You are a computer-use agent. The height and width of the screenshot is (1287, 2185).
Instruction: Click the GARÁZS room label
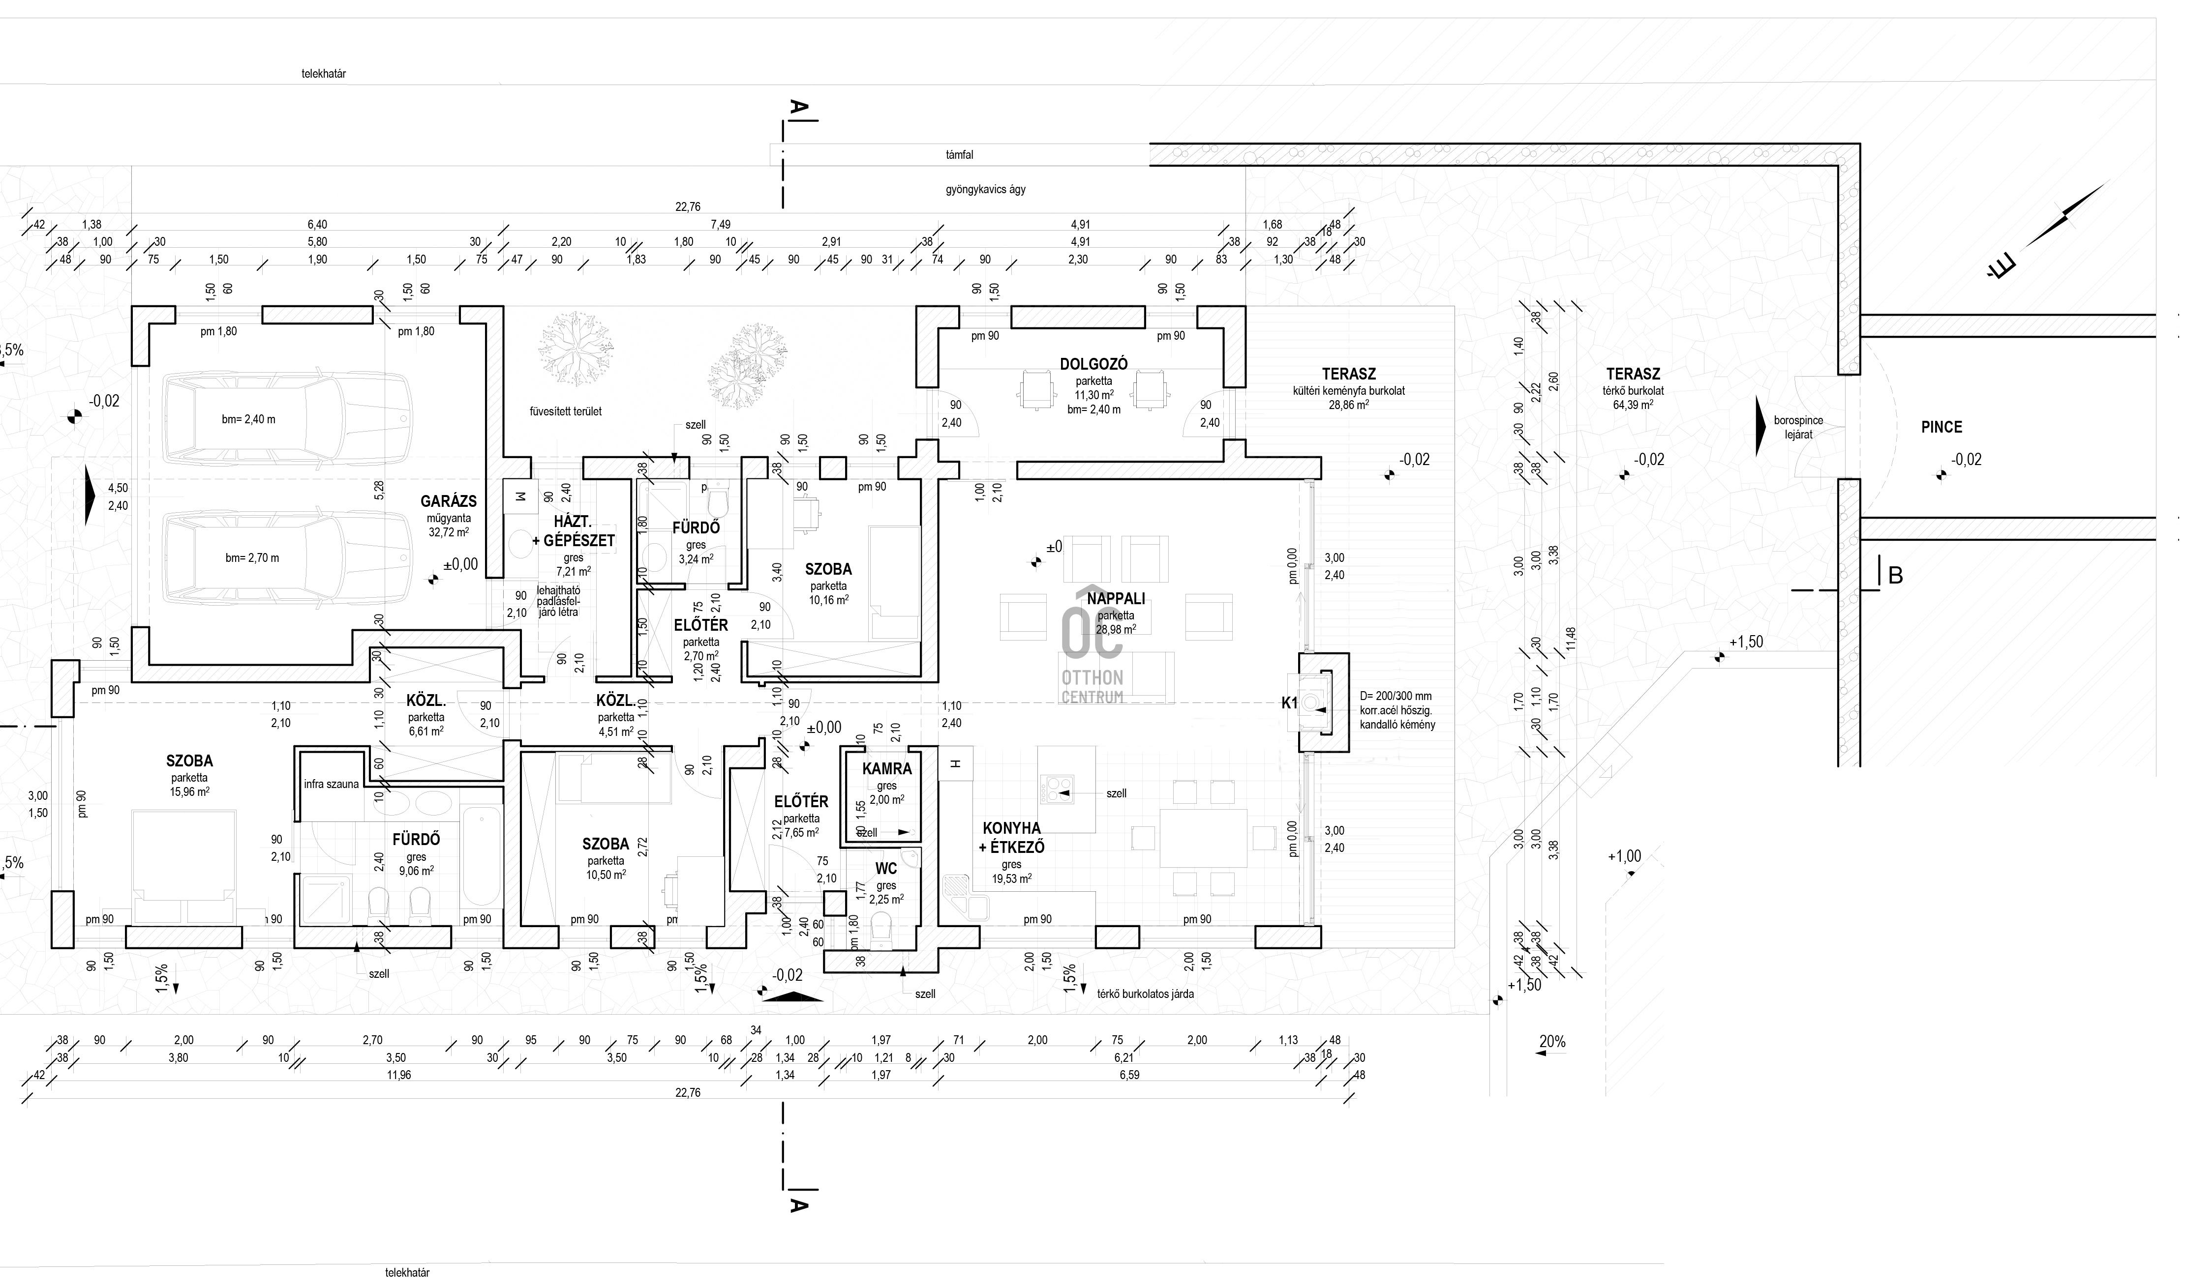[x=448, y=501]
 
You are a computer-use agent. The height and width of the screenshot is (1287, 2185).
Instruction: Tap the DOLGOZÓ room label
[x=1093, y=364]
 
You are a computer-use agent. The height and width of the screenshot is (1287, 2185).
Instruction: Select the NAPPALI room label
[x=1116, y=598]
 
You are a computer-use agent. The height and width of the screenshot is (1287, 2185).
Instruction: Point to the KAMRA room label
[x=887, y=768]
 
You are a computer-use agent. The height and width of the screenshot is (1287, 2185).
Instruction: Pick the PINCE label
[x=1941, y=427]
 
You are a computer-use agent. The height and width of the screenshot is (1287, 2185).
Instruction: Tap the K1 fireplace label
[x=1289, y=703]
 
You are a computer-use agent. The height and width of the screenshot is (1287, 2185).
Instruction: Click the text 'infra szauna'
[x=331, y=784]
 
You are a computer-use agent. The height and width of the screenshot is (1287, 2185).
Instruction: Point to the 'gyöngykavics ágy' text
[x=985, y=189]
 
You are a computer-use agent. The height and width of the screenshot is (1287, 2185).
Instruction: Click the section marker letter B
[x=1895, y=576]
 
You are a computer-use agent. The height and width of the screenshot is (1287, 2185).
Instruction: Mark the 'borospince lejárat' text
[x=1798, y=427]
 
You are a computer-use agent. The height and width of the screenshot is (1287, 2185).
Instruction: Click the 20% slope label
[x=1552, y=1042]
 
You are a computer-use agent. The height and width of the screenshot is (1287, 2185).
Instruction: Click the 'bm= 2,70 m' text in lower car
[x=252, y=557]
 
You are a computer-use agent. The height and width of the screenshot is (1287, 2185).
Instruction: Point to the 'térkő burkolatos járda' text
[x=1145, y=994]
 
